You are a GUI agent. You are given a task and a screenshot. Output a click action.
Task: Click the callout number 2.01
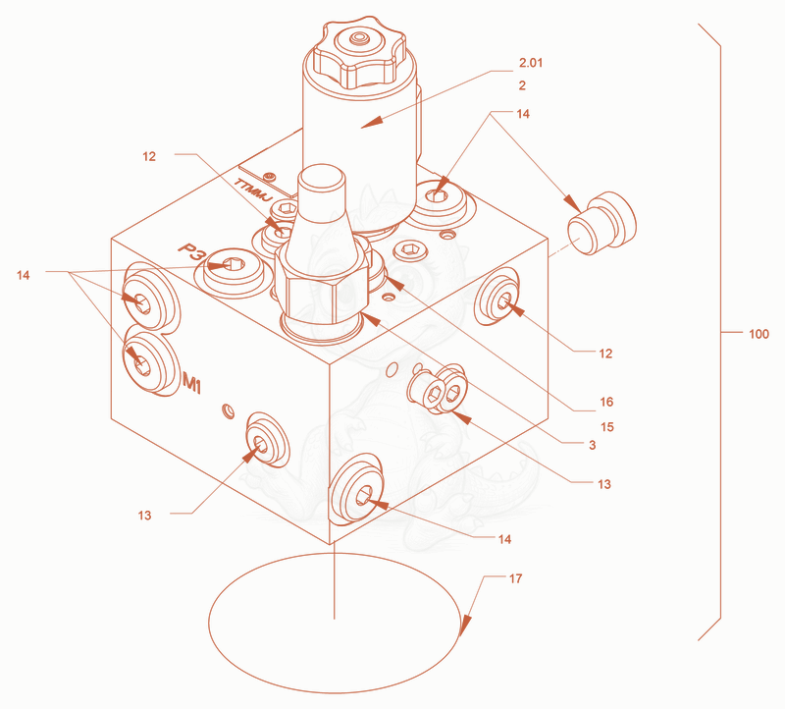[x=531, y=63]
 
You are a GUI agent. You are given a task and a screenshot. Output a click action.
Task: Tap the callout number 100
[x=759, y=334]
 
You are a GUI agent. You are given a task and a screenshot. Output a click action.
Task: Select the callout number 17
[x=516, y=578]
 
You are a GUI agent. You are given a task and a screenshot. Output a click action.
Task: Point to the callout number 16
[x=606, y=402]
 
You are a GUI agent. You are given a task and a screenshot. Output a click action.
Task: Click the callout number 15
[x=607, y=427]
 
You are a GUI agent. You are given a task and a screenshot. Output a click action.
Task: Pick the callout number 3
[x=593, y=445]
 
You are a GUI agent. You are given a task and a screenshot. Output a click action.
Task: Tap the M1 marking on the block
[x=192, y=383]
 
